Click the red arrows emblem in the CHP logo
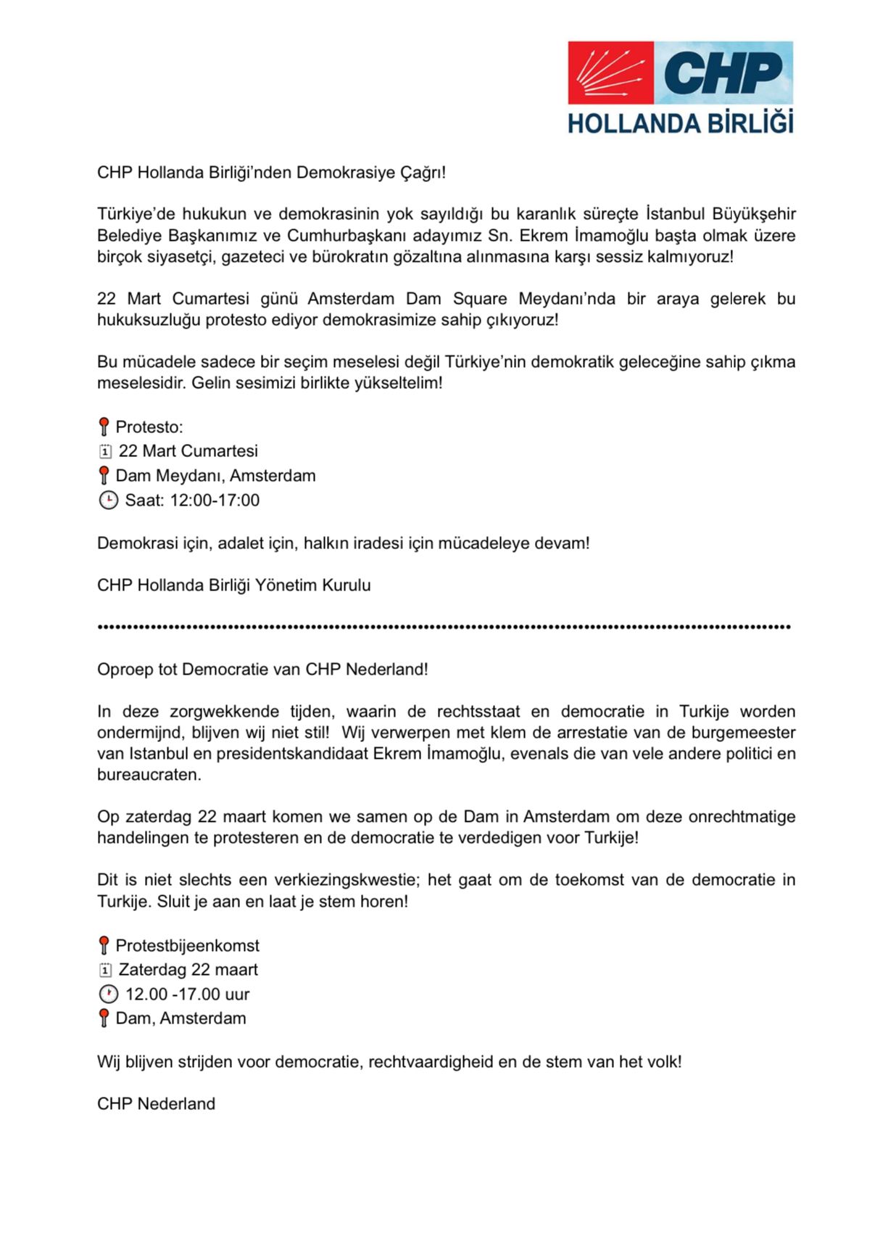[611, 73]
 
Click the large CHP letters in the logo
[723, 73]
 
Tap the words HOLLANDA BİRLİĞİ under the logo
[680, 123]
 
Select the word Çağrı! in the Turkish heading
[423, 173]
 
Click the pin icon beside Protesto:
[104, 427]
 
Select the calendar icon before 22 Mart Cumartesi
[105, 451]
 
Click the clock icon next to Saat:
[108, 501]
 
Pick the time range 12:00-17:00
[215, 501]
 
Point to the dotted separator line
[444, 626]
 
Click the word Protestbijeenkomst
[187, 946]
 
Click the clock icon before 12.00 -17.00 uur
[108, 995]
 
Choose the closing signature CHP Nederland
[156, 1104]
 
